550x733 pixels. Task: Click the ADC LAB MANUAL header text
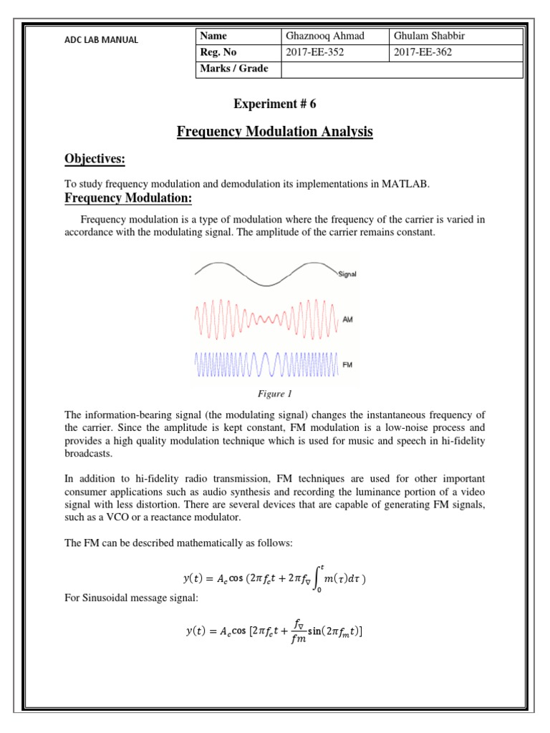click(x=101, y=39)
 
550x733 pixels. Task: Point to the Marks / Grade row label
click(x=235, y=69)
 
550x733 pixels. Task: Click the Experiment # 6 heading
click(x=274, y=105)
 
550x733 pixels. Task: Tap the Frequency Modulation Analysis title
click(x=274, y=132)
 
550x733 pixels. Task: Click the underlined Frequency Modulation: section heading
click(x=129, y=198)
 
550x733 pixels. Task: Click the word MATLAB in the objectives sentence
click(x=407, y=184)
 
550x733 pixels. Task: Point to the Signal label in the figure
click(x=347, y=274)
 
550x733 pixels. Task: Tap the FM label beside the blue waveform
click(x=348, y=365)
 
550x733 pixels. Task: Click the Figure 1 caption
click(x=275, y=394)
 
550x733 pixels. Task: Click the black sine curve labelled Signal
click(x=265, y=274)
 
